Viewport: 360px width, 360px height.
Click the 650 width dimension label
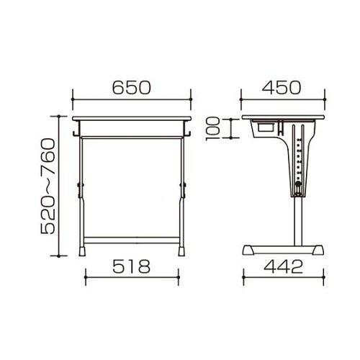point(132,88)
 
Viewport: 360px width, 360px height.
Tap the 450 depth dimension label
point(282,88)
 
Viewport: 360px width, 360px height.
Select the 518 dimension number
point(132,266)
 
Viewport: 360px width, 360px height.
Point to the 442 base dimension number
point(283,266)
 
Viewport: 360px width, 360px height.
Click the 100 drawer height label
point(213,129)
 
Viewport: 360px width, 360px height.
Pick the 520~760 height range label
point(48,186)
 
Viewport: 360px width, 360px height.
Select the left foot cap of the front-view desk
point(82,251)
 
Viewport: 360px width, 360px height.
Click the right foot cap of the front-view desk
point(181,251)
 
